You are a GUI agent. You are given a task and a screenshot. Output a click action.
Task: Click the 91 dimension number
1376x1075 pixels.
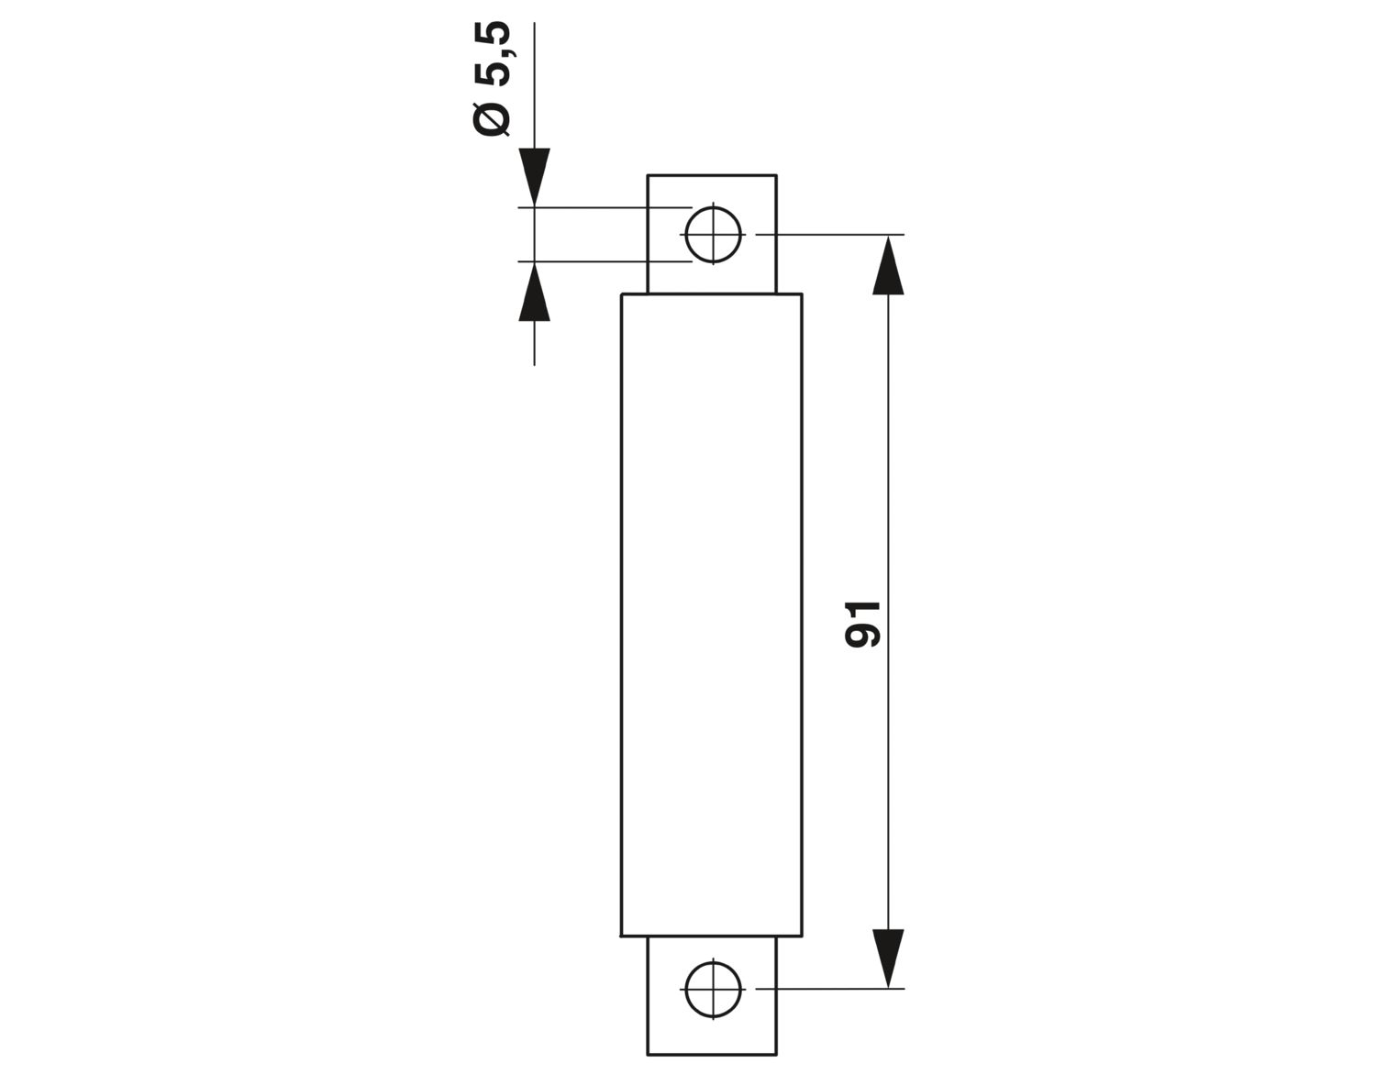pyautogui.click(x=862, y=625)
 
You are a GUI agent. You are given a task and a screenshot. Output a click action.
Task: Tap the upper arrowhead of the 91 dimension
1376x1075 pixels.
pyautogui.click(x=888, y=265)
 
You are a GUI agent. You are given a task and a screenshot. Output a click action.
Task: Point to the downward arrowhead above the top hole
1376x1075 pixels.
pyautogui.click(x=535, y=177)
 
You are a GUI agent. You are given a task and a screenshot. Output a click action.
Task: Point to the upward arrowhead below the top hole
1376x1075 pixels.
pyautogui.click(x=535, y=292)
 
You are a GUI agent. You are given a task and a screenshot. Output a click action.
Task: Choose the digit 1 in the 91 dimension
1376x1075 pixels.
pyautogui.click(x=862, y=610)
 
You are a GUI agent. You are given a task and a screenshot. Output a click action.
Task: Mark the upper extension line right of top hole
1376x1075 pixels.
pyautogui.click(x=830, y=234)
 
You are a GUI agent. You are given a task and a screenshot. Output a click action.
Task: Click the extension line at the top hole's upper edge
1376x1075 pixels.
pyautogui.click(x=605, y=207)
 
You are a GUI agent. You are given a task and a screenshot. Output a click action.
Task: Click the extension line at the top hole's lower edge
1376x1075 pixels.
pyautogui.click(x=605, y=260)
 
